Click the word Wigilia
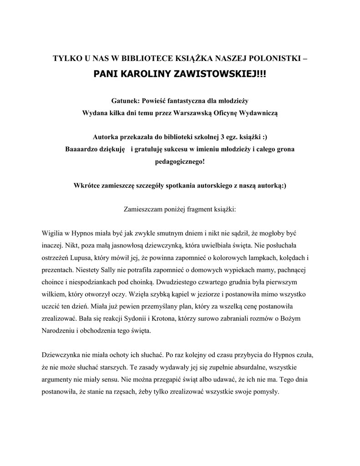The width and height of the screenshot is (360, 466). coord(53,233)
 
